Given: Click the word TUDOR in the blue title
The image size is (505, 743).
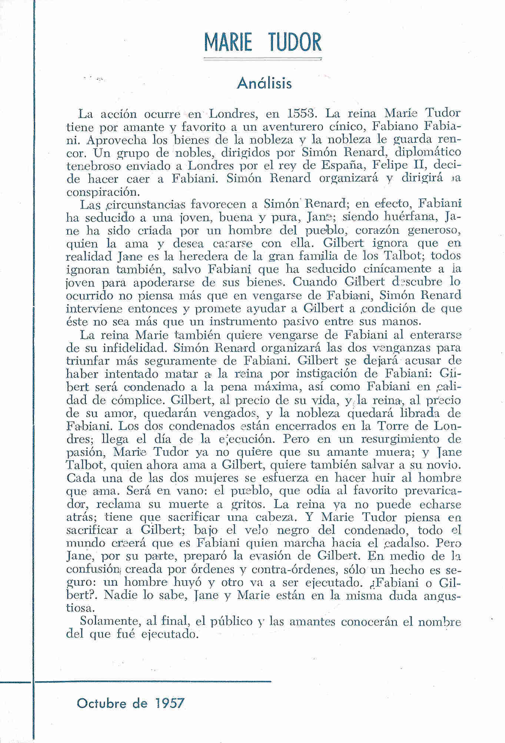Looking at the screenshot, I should tap(295, 43).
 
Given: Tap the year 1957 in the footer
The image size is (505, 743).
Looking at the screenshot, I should tap(170, 702).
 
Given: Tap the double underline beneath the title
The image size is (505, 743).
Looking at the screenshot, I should tap(263, 58).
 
